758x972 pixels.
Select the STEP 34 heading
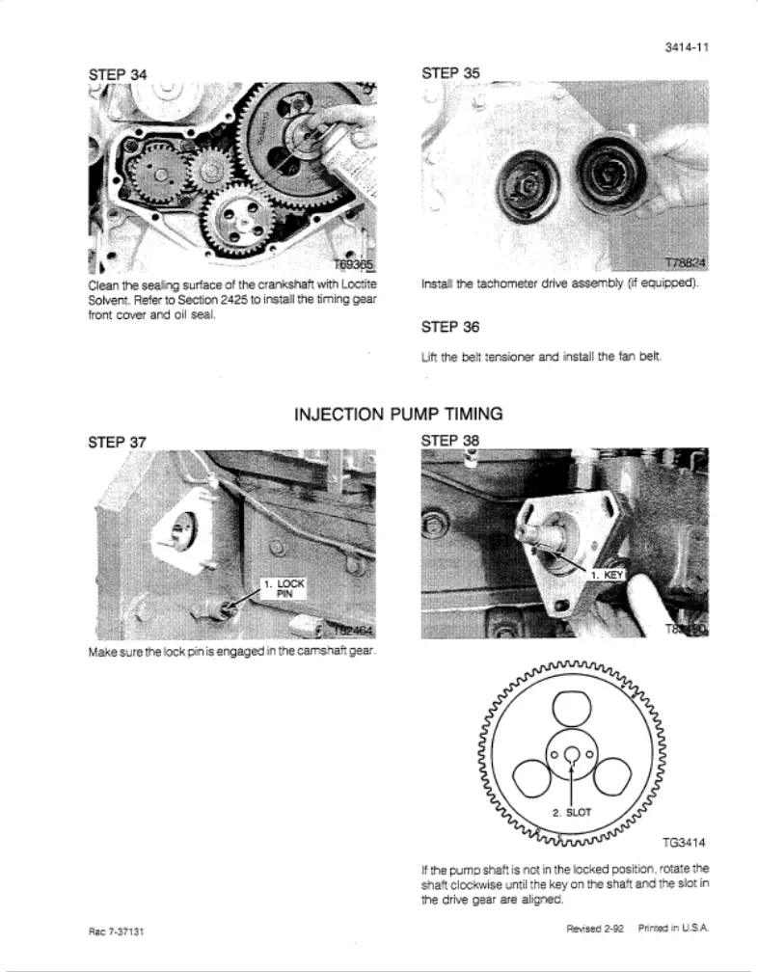click(x=119, y=73)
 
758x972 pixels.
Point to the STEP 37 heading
click(x=118, y=441)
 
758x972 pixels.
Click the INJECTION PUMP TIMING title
click(x=397, y=415)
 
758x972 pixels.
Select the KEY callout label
click(x=608, y=574)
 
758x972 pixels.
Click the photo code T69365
click(x=344, y=267)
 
